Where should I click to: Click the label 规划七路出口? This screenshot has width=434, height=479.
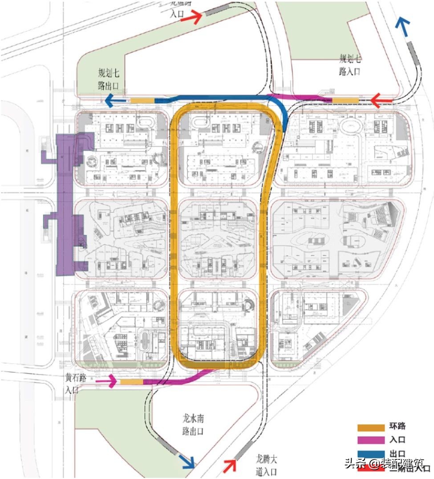pos(109,80)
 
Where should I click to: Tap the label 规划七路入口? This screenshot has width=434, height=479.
pos(350,65)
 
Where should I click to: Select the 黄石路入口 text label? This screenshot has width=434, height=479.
pos(75,383)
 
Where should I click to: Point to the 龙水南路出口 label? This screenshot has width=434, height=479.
pos(193,425)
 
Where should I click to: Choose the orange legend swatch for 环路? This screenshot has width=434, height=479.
pos(371,427)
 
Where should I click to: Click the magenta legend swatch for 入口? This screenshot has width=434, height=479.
pos(371,440)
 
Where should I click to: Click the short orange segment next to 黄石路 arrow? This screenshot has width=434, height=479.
pos(131,382)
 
